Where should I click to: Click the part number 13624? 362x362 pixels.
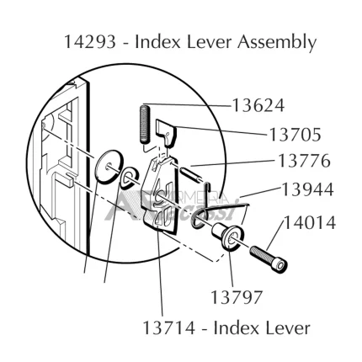click(258, 105)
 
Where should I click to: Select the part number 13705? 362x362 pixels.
click(295, 135)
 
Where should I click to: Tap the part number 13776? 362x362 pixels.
click(304, 161)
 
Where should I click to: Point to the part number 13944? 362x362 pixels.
click(307, 189)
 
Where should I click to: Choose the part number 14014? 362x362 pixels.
click(310, 223)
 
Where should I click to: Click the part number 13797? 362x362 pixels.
click(236, 297)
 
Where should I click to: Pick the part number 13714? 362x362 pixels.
click(168, 327)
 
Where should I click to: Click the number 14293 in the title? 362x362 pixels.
click(90, 42)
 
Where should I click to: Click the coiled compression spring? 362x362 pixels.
click(145, 124)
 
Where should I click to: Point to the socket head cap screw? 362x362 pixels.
click(269, 258)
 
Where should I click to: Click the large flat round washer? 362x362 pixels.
click(109, 167)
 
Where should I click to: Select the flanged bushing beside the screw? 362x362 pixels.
click(227, 235)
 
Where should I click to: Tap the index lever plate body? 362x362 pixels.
click(161, 196)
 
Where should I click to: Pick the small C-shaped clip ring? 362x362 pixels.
click(128, 177)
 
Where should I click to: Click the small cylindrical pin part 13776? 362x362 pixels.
click(192, 175)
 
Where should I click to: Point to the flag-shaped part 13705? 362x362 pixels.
click(166, 133)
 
